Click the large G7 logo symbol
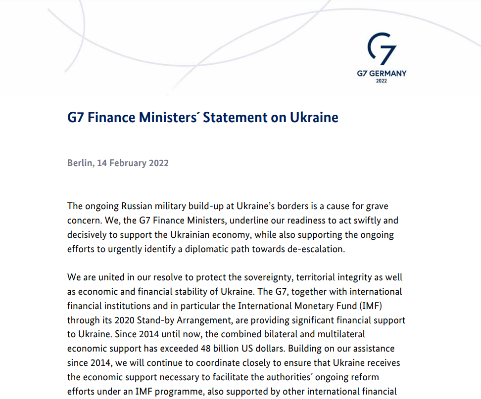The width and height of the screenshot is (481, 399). point(382,50)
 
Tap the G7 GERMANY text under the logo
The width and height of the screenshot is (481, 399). point(382,73)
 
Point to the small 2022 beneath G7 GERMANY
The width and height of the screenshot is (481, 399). point(382,81)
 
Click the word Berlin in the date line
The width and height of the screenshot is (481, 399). point(79,163)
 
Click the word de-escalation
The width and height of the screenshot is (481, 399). point(315,249)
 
